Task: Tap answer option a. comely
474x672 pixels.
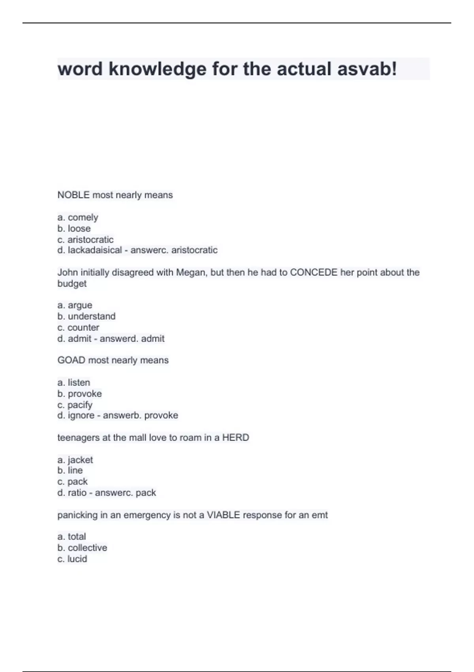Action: pyautogui.click(x=78, y=217)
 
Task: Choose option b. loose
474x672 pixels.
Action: pyautogui.click(x=74, y=228)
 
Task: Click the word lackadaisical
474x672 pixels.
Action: pyautogui.click(x=95, y=250)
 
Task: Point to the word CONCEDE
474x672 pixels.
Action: pyautogui.click(x=314, y=272)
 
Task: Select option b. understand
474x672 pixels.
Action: pyautogui.click(x=87, y=316)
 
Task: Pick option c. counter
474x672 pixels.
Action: pyautogui.click(x=78, y=327)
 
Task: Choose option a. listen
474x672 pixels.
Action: pyautogui.click(x=74, y=382)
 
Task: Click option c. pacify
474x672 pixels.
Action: pyautogui.click(x=75, y=405)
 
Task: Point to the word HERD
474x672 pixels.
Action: pyautogui.click(x=235, y=438)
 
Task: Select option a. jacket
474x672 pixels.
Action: pyautogui.click(x=75, y=460)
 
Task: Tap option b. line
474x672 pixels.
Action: pyautogui.click(x=70, y=470)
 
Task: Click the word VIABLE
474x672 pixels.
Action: pyautogui.click(x=223, y=515)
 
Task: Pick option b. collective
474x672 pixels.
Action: pyautogui.click(x=82, y=548)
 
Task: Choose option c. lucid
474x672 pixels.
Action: pyautogui.click(x=72, y=559)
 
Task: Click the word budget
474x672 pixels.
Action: pyautogui.click(x=72, y=284)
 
